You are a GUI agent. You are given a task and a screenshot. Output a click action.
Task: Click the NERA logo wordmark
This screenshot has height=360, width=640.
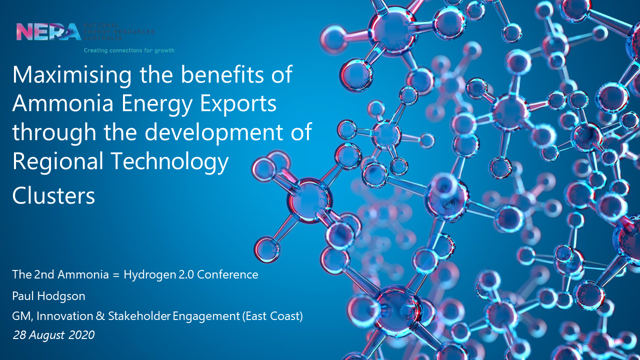[48, 31]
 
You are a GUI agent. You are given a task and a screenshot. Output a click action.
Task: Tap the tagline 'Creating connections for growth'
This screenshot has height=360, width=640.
[129, 50]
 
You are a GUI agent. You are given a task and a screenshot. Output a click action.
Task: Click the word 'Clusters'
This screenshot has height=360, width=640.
[53, 196]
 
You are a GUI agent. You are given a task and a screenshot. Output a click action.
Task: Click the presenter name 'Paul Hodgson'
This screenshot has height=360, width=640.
[48, 296]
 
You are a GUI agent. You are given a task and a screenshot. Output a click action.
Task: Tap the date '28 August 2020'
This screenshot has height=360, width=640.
[53, 335]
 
